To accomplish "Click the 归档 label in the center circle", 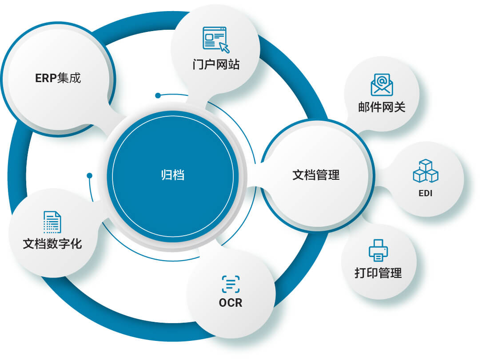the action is click(x=173, y=175).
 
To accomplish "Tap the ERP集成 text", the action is click(x=58, y=78).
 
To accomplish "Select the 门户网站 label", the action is click(x=216, y=64).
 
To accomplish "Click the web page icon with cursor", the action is click(x=216, y=40).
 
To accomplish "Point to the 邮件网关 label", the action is click(x=382, y=107).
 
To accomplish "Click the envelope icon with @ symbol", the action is click(x=382, y=84).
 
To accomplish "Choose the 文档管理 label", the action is click(x=316, y=175).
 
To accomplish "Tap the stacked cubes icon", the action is click(x=426, y=171).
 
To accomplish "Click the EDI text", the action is click(x=426, y=193).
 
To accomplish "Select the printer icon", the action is click(x=378, y=250).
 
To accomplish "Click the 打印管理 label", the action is click(x=378, y=273).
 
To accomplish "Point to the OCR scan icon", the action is click(x=231, y=284).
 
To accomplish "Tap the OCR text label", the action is click(x=231, y=303).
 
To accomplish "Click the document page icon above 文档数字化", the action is click(x=52, y=222).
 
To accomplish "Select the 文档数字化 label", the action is click(x=52, y=244).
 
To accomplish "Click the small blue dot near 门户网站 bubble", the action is click(x=158, y=95).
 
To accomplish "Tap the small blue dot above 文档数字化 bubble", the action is click(x=89, y=176).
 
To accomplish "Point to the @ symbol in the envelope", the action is click(x=382, y=81).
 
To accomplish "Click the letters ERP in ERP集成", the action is click(x=46, y=78).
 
